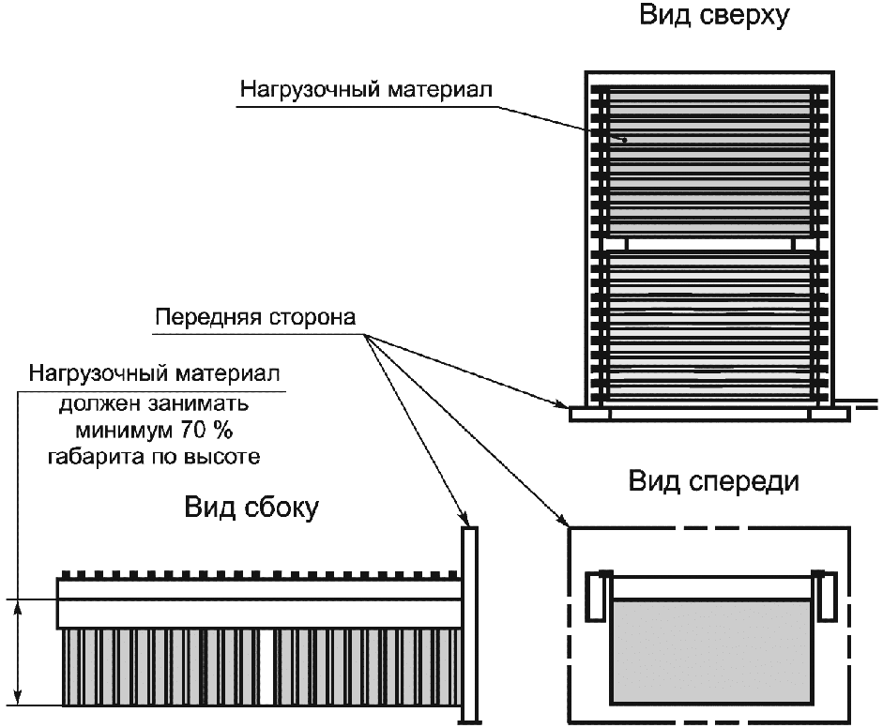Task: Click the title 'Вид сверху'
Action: click(713, 16)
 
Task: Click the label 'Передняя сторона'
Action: click(255, 317)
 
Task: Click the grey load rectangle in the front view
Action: click(710, 652)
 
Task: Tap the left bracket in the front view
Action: click(594, 597)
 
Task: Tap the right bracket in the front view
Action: click(827, 597)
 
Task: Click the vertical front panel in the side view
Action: click(470, 625)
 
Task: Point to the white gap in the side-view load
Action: click(267, 667)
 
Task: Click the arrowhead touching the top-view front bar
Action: click(563, 405)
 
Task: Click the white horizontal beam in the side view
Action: click(258, 602)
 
